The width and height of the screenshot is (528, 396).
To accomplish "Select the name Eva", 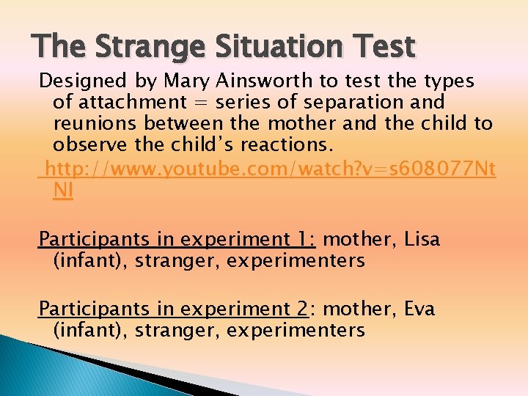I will click(x=419, y=309).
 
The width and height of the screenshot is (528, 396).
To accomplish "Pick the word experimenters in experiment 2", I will click(x=296, y=330).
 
